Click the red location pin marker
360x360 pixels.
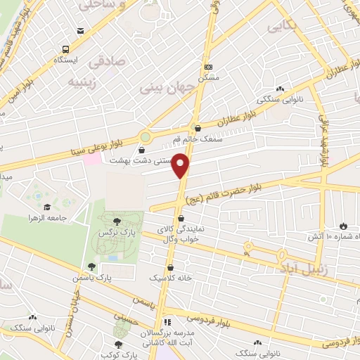(x=181, y=166)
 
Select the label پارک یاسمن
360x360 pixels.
(x=92, y=278)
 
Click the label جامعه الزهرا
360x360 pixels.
(x=47, y=219)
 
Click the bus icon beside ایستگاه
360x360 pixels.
(x=65, y=49)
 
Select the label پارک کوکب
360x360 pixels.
(x=116, y=355)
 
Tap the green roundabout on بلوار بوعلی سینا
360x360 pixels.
(x=145, y=136)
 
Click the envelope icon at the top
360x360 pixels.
(x=82, y=31)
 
